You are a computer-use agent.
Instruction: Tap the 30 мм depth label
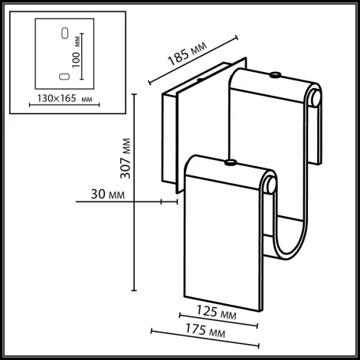coord(106,195)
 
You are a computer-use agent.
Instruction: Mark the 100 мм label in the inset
coord(77,58)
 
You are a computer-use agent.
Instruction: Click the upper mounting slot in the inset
coord(64,33)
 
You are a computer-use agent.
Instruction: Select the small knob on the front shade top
coord(229,162)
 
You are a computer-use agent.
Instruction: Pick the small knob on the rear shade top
coord(273,74)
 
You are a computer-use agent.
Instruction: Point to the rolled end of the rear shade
coord(316,97)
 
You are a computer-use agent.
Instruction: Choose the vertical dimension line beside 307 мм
coord(135,191)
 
